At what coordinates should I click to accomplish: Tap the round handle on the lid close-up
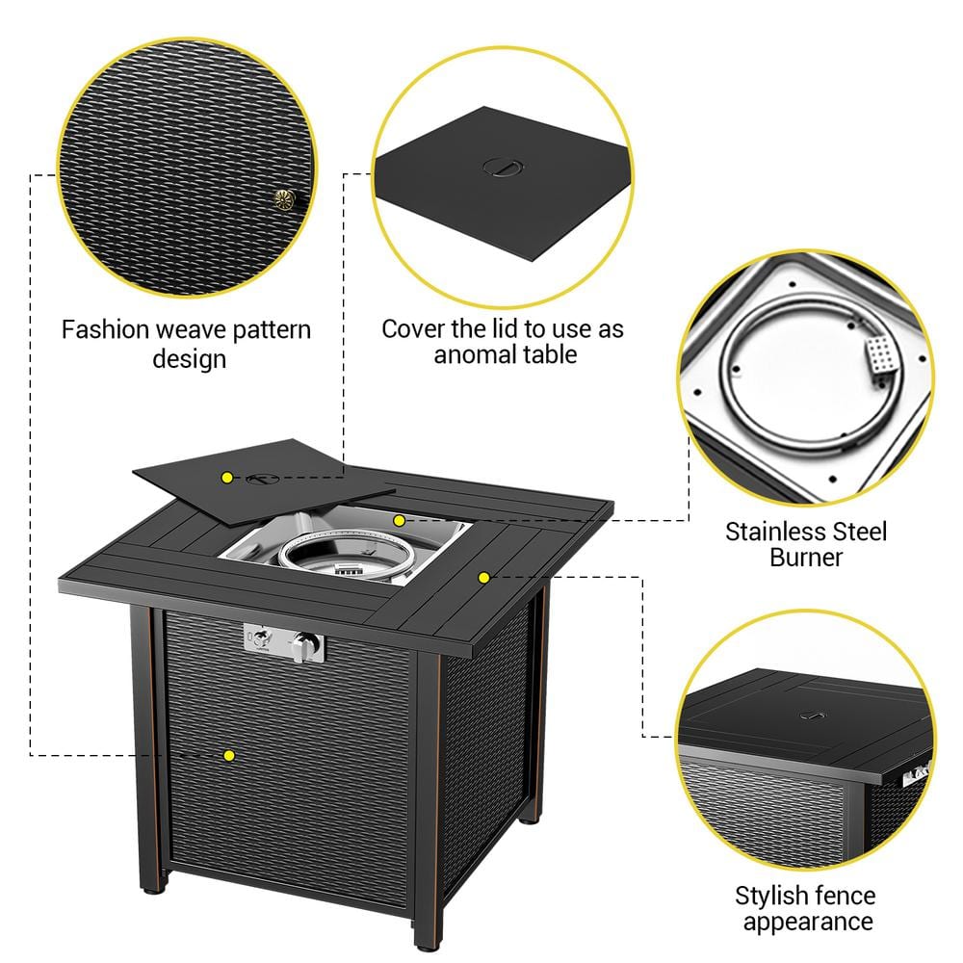pos(501,168)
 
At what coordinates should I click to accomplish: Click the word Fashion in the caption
pos(103,329)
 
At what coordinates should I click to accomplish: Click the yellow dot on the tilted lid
pos(226,477)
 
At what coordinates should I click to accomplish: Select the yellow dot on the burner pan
pos(398,520)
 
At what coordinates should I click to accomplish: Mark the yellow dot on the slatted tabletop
pos(483,577)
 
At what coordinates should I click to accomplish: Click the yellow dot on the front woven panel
pos(228,756)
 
